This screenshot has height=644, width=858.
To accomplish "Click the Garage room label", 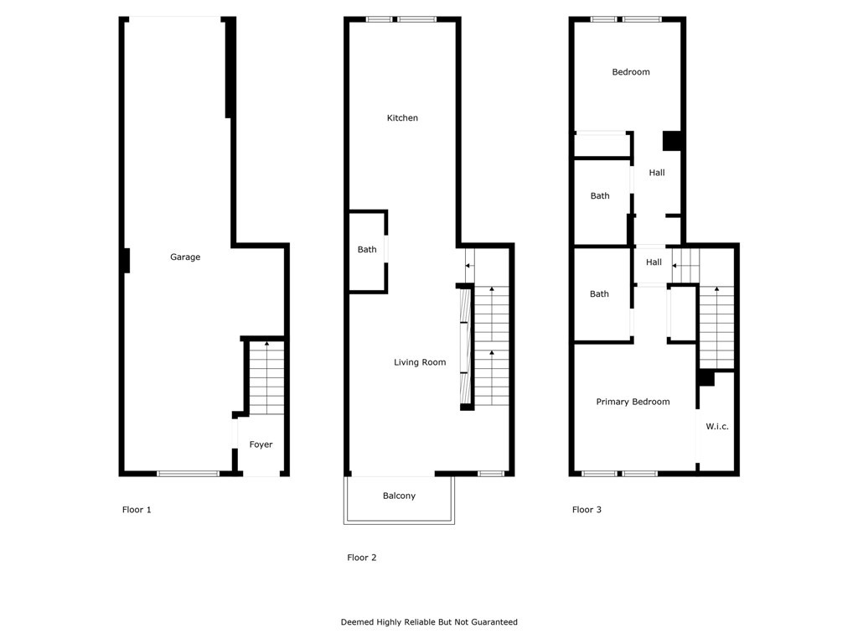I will [185, 257].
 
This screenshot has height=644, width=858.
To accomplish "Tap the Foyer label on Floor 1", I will [261, 444].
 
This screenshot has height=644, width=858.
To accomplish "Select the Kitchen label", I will [402, 118].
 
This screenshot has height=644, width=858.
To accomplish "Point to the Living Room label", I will [420, 362].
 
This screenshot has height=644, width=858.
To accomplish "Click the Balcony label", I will [399, 496].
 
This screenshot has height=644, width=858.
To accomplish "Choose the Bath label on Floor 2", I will [367, 250].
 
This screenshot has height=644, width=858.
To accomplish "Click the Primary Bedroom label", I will [633, 402].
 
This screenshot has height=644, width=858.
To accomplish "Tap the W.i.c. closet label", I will [717, 427].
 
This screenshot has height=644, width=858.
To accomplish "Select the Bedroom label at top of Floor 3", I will [631, 72].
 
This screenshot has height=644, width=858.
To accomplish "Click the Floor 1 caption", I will [137, 510].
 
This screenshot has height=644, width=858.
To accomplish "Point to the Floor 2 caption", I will [362, 558].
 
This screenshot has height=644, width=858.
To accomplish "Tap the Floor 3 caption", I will [587, 510].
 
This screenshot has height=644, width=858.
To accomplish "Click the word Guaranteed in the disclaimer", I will [491, 622].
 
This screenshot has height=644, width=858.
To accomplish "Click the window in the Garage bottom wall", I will [188, 474].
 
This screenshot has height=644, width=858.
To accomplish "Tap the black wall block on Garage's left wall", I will [126, 261].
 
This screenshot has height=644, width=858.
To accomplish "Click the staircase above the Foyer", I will [267, 377].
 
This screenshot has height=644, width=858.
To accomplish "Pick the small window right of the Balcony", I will [491, 474].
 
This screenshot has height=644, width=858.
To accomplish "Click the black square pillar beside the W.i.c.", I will [706, 378].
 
